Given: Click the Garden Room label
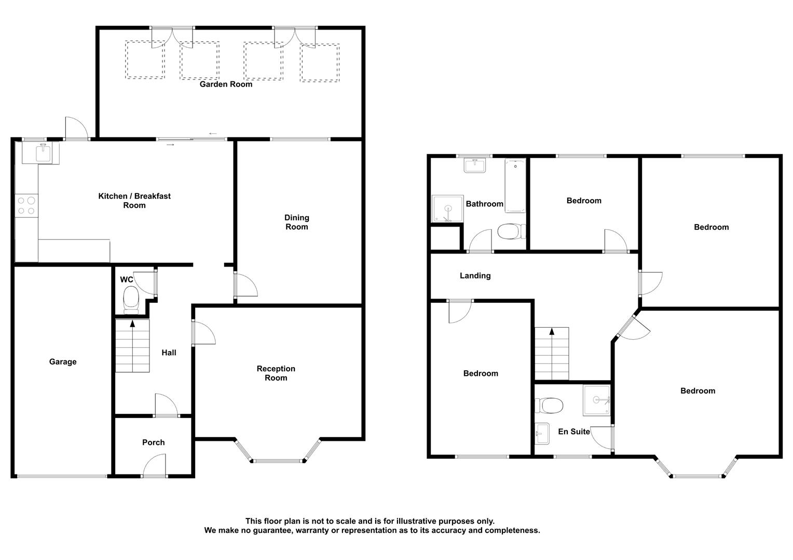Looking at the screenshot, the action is point(226,84).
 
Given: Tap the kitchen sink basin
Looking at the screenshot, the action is point(43,153).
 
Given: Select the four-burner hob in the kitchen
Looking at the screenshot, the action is point(26,205).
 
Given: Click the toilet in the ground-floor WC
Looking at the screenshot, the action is point(131,300).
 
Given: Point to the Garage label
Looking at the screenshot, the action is point(63,361).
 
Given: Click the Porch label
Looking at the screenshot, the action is point(153,442).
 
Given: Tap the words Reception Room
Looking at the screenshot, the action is point(276,373).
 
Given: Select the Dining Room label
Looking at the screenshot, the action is point(297,222).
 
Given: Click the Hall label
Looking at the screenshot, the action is point(169,353).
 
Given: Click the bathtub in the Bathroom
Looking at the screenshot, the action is point(515,186).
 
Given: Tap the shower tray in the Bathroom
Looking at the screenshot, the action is point(447,209).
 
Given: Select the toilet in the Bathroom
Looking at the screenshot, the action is point(512,231).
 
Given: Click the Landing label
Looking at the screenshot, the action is point(475,275).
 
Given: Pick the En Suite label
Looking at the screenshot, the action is point(574,431).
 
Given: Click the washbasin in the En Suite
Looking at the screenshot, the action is point(542,433).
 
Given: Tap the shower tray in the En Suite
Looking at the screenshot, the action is point(597,400).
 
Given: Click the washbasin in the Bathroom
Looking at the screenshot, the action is point(475,165).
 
